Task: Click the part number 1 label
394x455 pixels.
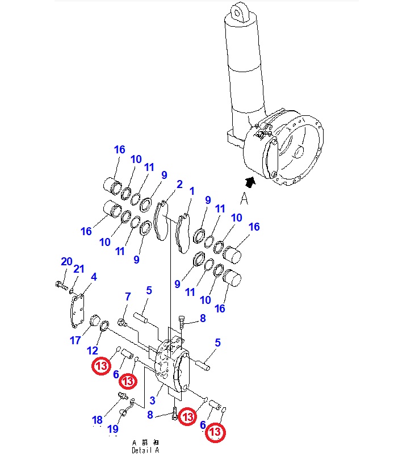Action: (x=192, y=191)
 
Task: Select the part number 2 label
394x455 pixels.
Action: (x=179, y=185)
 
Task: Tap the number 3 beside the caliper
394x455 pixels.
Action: (x=153, y=401)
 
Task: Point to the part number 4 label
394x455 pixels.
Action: (x=94, y=277)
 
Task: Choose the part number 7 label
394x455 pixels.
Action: (x=128, y=297)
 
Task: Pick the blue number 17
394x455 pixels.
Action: (x=76, y=340)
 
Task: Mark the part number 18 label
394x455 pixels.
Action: (x=98, y=420)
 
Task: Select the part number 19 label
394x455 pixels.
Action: (x=113, y=428)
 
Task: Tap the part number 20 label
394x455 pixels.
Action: (x=66, y=261)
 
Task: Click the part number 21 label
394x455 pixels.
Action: (x=79, y=269)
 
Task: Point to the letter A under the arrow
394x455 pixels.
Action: (x=245, y=198)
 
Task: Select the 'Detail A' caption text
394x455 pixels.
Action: (x=145, y=450)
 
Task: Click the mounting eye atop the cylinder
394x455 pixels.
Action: (x=241, y=11)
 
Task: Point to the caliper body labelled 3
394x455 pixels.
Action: (x=170, y=366)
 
